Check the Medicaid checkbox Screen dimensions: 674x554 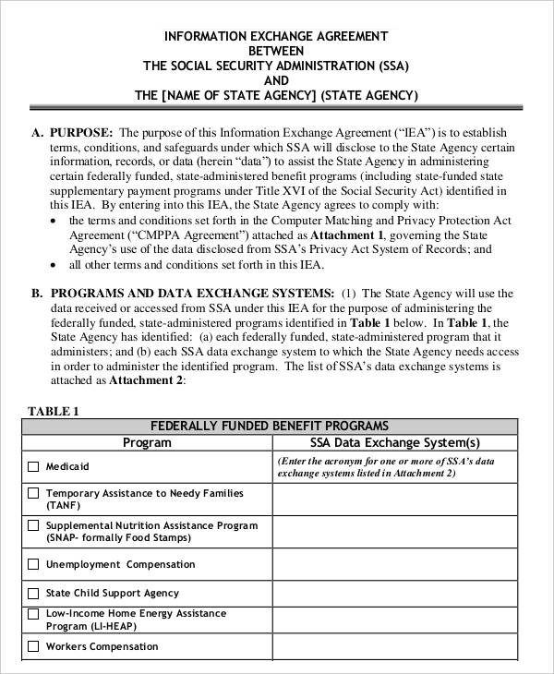34,467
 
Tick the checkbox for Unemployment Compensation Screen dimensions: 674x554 34,564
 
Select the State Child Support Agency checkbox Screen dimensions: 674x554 34,593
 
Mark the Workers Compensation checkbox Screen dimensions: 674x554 34,646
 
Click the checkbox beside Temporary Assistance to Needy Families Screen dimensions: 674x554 34,494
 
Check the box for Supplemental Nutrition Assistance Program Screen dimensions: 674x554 34,526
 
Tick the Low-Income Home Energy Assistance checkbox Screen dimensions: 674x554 34,614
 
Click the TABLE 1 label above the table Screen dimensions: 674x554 54,411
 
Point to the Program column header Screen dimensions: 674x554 147,442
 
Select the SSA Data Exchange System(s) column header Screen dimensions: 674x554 394,442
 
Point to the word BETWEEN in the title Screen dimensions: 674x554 276,52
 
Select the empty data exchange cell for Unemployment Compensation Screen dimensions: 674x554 394,564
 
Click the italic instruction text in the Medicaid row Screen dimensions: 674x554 394,466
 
